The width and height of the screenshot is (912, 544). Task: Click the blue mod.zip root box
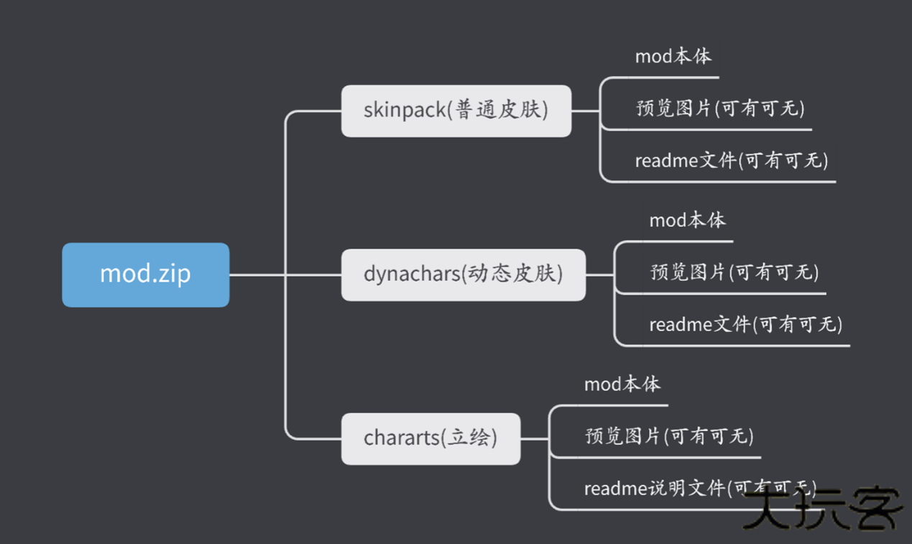click(x=145, y=275)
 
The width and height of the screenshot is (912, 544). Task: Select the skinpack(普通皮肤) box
click(x=456, y=111)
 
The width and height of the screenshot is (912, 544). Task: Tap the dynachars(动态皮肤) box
click(x=463, y=275)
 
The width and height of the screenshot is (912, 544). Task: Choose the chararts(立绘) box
click(x=430, y=438)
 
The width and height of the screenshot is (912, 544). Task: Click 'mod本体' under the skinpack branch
click(x=673, y=56)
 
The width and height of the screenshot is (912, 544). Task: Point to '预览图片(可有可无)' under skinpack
click(x=720, y=109)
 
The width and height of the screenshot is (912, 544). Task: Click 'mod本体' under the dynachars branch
click(x=688, y=220)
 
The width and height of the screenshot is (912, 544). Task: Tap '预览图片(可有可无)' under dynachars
click(x=734, y=272)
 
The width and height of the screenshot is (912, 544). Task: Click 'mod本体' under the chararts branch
click(x=622, y=384)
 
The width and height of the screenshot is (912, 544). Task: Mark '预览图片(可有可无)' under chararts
click(x=669, y=436)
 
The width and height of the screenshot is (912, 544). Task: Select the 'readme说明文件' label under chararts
click(x=654, y=489)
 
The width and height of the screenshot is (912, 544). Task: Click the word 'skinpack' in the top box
click(x=405, y=111)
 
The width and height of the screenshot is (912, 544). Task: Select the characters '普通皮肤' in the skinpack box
click(x=498, y=111)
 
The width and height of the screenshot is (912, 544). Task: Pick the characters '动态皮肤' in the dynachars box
click(x=512, y=275)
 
